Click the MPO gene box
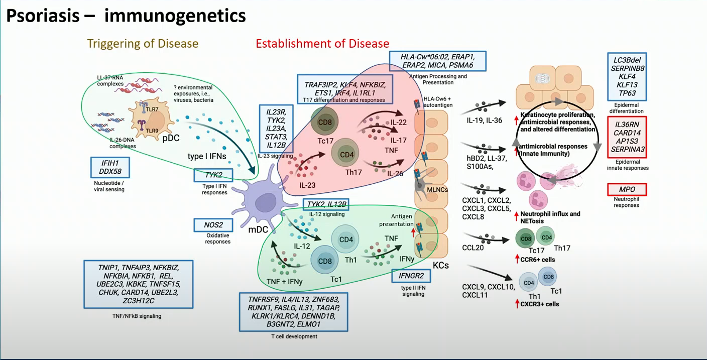coord(626,190)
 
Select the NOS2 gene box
coord(213,225)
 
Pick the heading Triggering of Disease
coord(143,44)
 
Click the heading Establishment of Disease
coord(322,44)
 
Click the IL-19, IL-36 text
coord(481,121)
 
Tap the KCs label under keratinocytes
coord(440,265)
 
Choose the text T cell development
coord(294,336)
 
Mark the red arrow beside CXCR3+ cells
coord(517,303)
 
